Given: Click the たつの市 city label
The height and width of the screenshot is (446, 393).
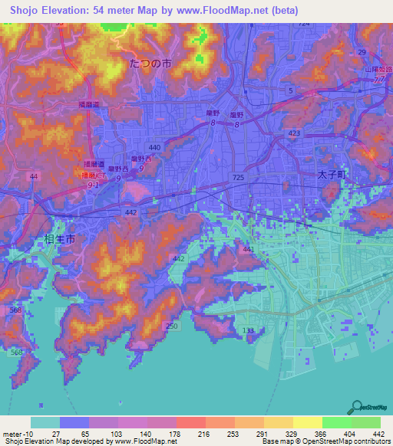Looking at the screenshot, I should (151, 64).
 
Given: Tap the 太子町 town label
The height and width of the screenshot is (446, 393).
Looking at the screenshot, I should (332, 175).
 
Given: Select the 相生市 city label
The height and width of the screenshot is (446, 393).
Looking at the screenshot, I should (59, 240).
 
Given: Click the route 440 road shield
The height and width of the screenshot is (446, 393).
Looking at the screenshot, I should (154, 147).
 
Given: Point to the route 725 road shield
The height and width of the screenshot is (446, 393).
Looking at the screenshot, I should (239, 178).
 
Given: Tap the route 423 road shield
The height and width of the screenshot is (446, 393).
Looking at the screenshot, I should (294, 133).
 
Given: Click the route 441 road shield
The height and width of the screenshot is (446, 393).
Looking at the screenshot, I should (248, 249).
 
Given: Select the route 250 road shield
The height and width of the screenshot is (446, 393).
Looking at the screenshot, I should (171, 326).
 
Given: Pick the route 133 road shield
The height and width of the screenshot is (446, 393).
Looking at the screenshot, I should (248, 330).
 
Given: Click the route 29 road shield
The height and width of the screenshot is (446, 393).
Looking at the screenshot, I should (360, 51).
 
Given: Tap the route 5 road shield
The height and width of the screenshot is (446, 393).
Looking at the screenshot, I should (290, 90).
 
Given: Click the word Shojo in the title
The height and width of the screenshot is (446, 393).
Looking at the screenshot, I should (29, 11).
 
